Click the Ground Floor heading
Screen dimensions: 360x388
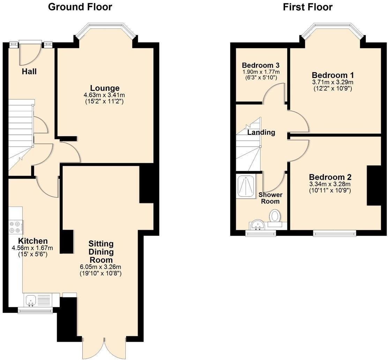[x=80, y=7]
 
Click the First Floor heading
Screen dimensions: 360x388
[x=307, y=7]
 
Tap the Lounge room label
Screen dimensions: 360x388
[x=105, y=88]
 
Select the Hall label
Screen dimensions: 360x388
[x=29, y=72]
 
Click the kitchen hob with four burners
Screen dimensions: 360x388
[x=16, y=227]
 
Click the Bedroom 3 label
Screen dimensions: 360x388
[x=261, y=65]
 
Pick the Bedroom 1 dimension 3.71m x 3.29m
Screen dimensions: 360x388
[x=333, y=82]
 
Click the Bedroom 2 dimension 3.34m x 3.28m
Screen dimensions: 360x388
[x=330, y=184]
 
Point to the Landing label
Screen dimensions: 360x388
[x=261, y=132]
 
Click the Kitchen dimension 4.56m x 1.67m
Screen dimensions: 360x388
[x=32, y=248]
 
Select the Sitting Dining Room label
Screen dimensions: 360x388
[x=101, y=252]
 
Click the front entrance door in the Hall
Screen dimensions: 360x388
[x=30, y=54]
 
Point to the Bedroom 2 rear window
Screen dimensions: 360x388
[x=334, y=232]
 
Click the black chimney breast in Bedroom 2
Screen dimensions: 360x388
[x=373, y=185]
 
